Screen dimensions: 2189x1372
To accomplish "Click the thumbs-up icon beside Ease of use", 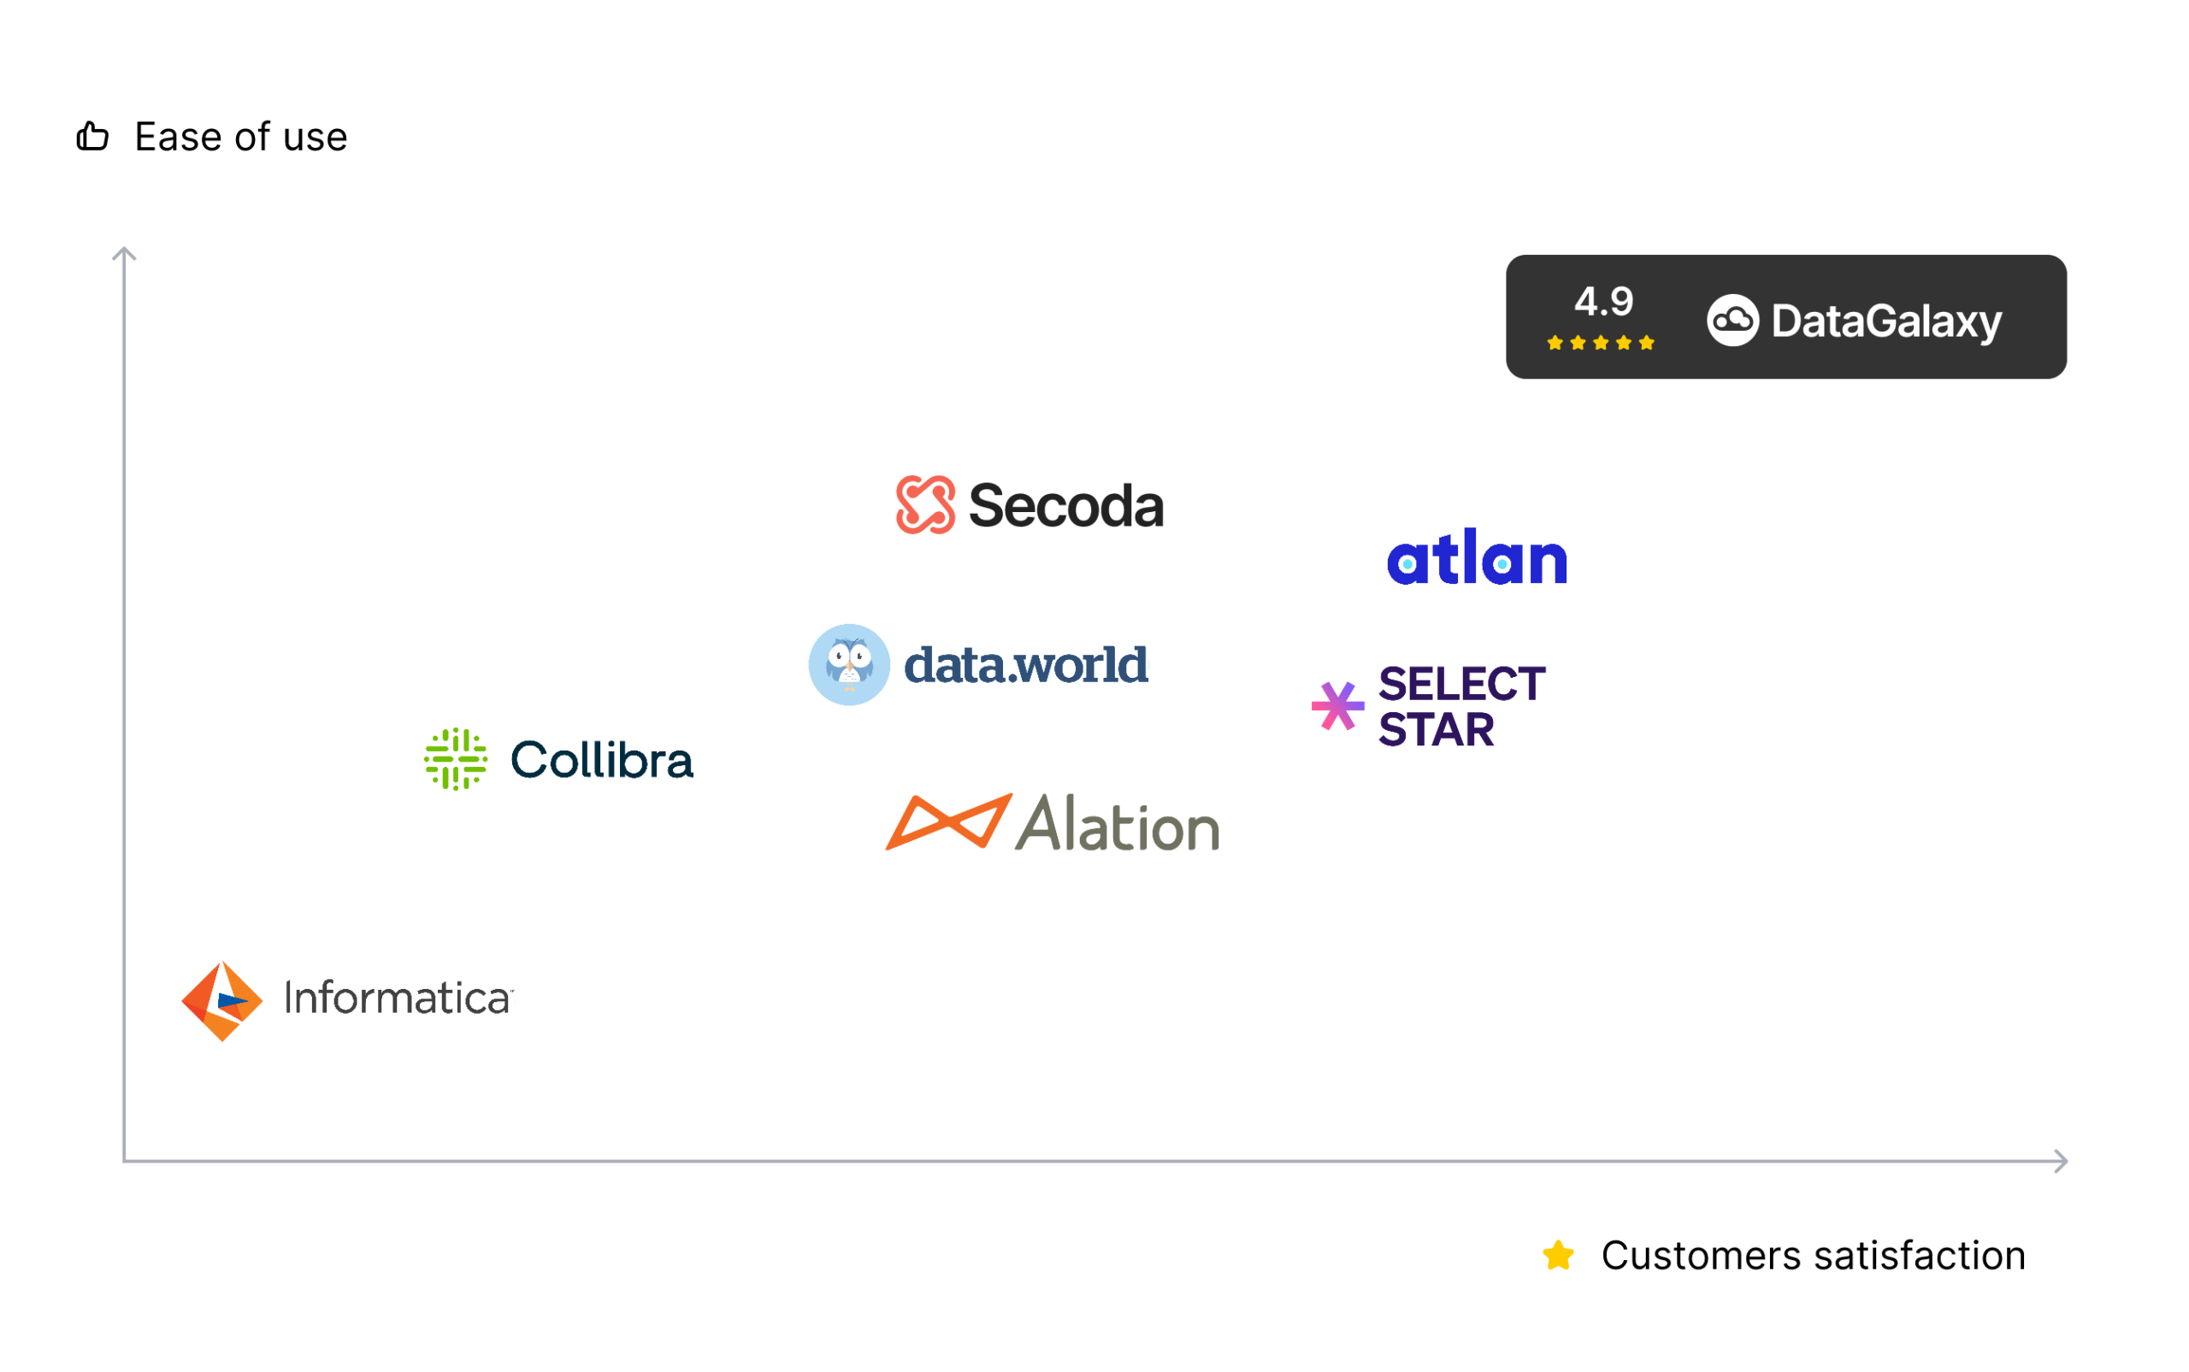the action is [91, 136].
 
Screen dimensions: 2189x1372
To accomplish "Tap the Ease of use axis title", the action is [240, 137].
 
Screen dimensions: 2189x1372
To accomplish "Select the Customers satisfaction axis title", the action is [1813, 1256].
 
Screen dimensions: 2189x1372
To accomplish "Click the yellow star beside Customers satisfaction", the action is [1557, 1256].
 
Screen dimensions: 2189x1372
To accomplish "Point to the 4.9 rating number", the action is [1602, 301].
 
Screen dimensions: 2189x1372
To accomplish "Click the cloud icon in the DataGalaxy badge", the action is [1732, 321].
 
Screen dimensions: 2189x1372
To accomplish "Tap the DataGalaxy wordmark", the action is [1886, 322].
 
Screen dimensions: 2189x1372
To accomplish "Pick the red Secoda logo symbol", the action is [925, 504].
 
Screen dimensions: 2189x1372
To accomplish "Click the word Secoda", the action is [1065, 505].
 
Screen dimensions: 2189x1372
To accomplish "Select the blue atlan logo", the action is [1477, 556].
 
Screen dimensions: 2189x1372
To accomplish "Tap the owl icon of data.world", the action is [848, 664].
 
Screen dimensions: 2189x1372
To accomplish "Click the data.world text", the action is [1025, 664].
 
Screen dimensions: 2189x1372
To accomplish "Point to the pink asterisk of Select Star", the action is [1336, 706].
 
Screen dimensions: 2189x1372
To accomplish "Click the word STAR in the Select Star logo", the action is [1436, 729].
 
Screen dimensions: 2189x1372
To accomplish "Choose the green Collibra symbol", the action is [456, 758].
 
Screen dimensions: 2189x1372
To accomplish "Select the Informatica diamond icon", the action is [221, 1001].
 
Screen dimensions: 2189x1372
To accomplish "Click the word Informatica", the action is [398, 998].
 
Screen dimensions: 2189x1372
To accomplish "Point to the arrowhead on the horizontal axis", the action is [2061, 1161].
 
